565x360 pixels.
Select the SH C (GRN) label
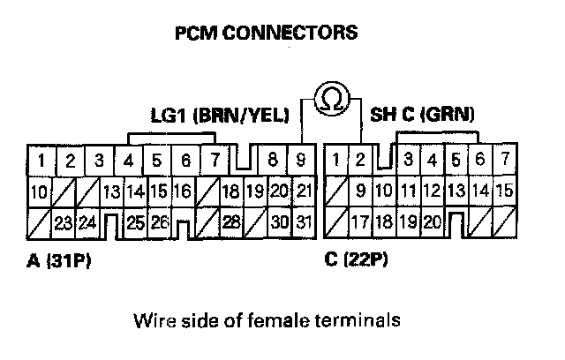pyautogui.click(x=422, y=115)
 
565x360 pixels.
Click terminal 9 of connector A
pyautogui.click(x=301, y=161)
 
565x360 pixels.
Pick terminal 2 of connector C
pyautogui.click(x=360, y=161)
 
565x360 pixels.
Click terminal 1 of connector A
pyautogui.click(x=41, y=161)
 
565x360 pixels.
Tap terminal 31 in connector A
pyautogui.click(x=303, y=221)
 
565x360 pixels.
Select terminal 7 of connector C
pyautogui.click(x=503, y=161)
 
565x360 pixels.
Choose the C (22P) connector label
pyautogui.click(x=359, y=262)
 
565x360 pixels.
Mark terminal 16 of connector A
pyautogui.click(x=182, y=191)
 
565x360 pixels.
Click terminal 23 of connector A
pyautogui.click(x=63, y=221)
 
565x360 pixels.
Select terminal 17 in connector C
pyautogui.click(x=360, y=221)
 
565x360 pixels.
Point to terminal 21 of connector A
pyautogui.click(x=303, y=191)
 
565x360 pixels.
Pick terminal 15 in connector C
pyautogui.click(x=504, y=191)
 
